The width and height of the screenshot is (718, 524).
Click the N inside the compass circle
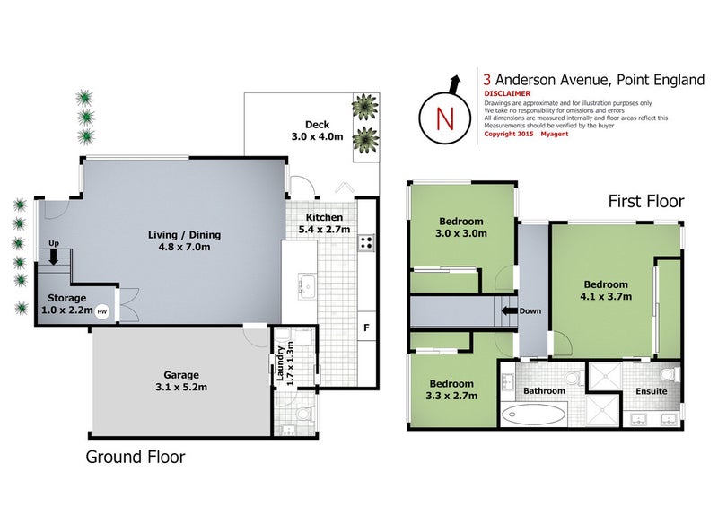tap(442, 118)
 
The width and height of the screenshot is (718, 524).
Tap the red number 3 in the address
tap(487, 80)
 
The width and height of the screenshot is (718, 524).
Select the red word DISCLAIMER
tap(506, 93)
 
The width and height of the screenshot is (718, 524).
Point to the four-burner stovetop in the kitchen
tap(366, 242)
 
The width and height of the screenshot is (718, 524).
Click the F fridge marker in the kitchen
tap(365, 327)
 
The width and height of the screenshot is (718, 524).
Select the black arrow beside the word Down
tap(509, 311)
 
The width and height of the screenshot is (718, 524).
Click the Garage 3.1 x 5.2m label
tap(181, 381)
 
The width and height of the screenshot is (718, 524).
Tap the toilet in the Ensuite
tap(665, 373)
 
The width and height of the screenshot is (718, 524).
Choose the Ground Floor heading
tap(135, 457)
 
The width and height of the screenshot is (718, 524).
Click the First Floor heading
tap(646, 201)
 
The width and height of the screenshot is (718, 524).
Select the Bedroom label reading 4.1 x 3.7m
tap(606, 290)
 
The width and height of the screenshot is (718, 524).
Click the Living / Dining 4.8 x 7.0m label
tap(184, 241)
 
